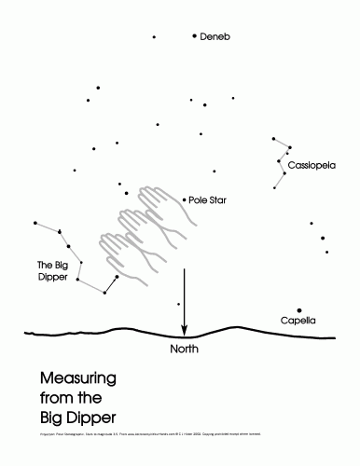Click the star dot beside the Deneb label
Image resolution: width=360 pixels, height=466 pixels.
194,35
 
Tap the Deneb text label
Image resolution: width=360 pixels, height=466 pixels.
215,36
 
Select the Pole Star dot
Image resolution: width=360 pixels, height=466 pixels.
184,199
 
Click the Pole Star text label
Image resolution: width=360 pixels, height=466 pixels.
207,199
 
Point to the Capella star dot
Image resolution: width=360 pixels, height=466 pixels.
299,310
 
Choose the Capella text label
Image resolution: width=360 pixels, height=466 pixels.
298,322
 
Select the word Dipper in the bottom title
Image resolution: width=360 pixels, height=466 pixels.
100,415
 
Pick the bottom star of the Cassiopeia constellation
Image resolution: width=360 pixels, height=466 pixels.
273,188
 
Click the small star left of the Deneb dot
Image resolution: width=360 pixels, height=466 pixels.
154,37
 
